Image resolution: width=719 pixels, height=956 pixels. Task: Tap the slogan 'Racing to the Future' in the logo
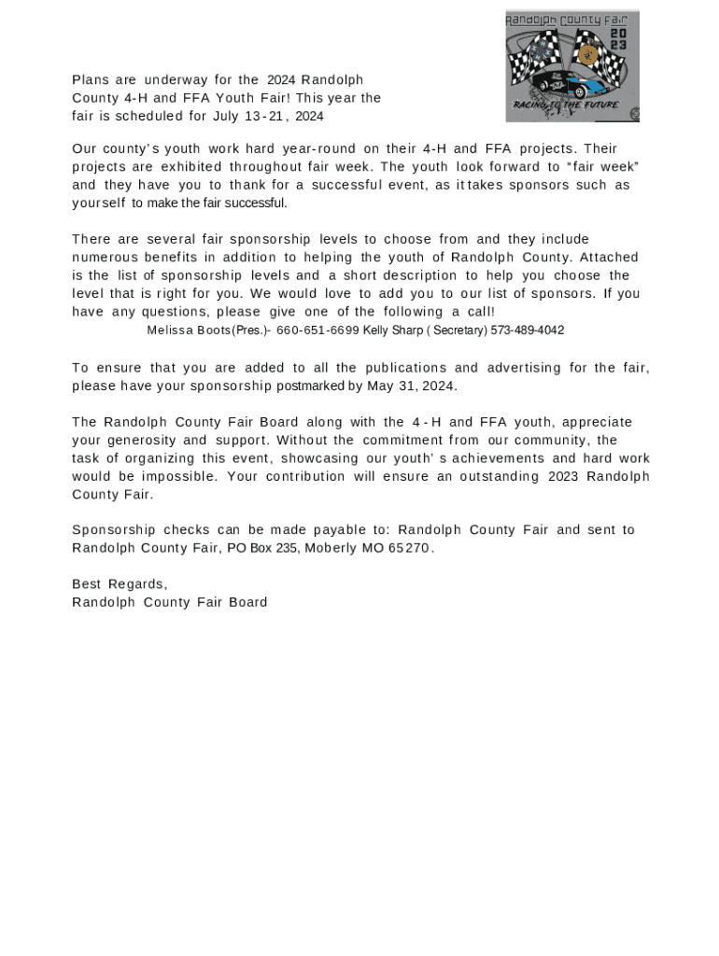pyautogui.click(x=565, y=105)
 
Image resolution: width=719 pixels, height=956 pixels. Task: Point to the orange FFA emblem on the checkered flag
pyautogui.click(x=588, y=53)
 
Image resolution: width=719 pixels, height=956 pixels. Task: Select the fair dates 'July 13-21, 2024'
pyautogui.click(x=268, y=117)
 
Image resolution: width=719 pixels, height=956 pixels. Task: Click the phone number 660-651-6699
pyautogui.click(x=317, y=330)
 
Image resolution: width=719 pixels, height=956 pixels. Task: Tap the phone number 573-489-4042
pyautogui.click(x=527, y=330)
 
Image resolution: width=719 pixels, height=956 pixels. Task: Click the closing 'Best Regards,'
pyautogui.click(x=120, y=584)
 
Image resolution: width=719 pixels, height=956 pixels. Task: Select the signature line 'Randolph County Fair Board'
pyautogui.click(x=169, y=602)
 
